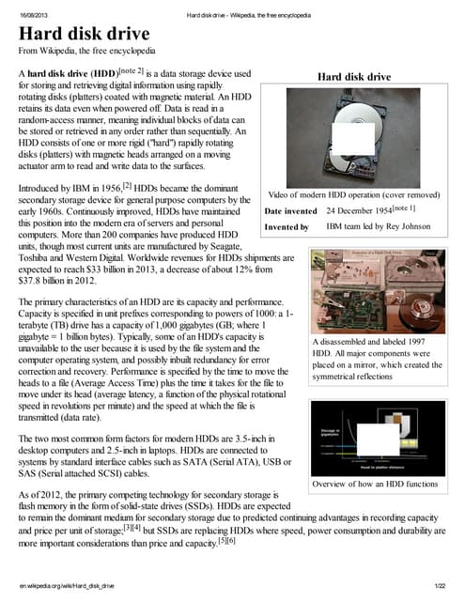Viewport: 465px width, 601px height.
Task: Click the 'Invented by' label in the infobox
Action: pyautogui.click(x=285, y=227)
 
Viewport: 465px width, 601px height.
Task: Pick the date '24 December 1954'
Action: pyautogui.click(x=358, y=210)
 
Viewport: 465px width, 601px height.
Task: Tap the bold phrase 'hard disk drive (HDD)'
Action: pyautogui.click(x=81, y=73)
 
